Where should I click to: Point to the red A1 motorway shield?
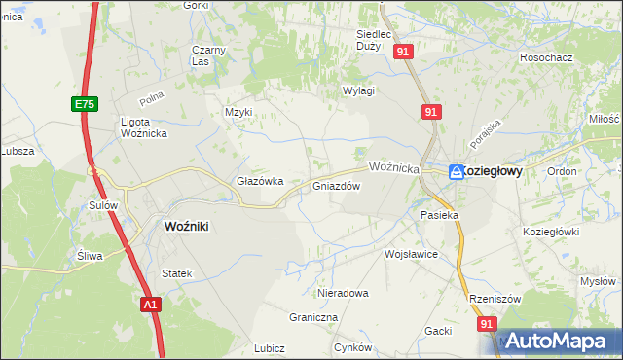point(149,305)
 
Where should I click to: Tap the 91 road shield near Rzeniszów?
point(487,323)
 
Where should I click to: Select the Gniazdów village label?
point(337,186)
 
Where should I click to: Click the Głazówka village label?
point(260,181)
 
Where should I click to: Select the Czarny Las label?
point(208,55)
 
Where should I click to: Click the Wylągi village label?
point(358,90)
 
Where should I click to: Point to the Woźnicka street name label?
point(392,167)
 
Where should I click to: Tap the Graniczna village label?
point(312,317)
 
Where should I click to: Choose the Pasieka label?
point(438,214)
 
